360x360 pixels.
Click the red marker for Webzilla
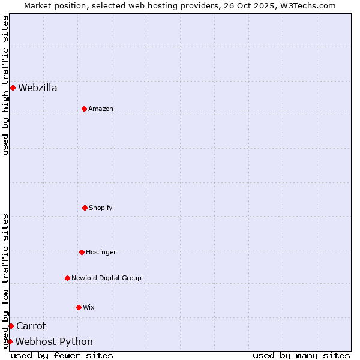point(13,88)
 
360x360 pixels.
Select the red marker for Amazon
point(84,109)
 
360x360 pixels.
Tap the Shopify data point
point(85,208)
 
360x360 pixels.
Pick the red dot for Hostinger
point(82,252)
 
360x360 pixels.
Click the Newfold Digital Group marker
point(67,278)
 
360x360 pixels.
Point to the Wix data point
point(79,307)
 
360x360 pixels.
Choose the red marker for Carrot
point(11,326)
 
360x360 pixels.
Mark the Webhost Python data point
point(10,341)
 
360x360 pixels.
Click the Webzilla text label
point(38,88)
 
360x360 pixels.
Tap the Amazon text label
point(101,109)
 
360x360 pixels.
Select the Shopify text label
point(101,208)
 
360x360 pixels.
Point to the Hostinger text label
point(101,253)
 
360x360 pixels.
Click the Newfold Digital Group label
point(106,278)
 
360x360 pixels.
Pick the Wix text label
point(89,308)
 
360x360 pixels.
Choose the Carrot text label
point(31,326)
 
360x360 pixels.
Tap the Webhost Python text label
point(54,342)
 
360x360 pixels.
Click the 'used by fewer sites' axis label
point(62,355)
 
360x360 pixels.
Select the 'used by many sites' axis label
point(301,355)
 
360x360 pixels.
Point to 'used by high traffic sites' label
point(5,85)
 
